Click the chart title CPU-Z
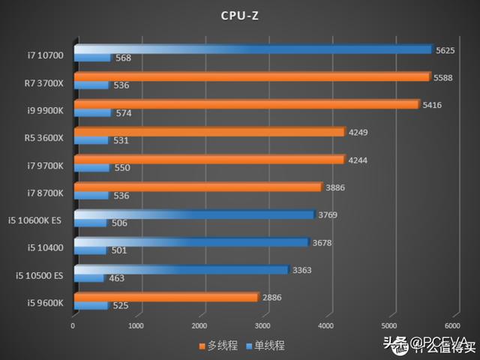point(241,15)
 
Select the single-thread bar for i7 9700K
point(91,167)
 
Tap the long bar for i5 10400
point(191,242)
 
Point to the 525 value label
point(122,306)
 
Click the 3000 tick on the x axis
point(262,326)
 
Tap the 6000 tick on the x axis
point(451,326)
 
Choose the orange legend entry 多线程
point(219,346)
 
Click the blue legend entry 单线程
point(265,346)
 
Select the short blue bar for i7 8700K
point(91,195)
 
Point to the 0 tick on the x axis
point(73,326)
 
